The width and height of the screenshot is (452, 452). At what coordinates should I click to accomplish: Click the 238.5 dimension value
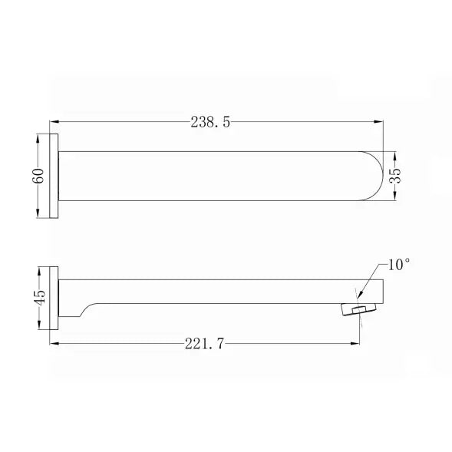pyautogui.click(x=210, y=122)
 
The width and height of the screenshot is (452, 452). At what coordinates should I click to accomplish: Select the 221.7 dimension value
pyautogui.click(x=204, y=344)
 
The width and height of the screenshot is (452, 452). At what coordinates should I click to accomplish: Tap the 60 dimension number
pyautogui.click(x=38, y=176)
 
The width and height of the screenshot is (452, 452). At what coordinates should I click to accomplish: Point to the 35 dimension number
pyautogui.click(x=395, y=176)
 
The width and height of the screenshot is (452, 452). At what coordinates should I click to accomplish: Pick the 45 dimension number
pyautogui.click(x=39, y=298)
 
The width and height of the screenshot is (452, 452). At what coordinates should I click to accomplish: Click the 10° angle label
pyautogui.click(x=399, y=265)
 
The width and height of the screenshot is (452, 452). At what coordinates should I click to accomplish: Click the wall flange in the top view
pyautogui.click(x=54, y=176)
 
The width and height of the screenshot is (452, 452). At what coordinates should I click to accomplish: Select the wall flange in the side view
pyautogui.click(x=54, y=298)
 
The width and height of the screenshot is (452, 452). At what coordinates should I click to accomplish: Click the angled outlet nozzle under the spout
pyautogui.click(x=359, y=309)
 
